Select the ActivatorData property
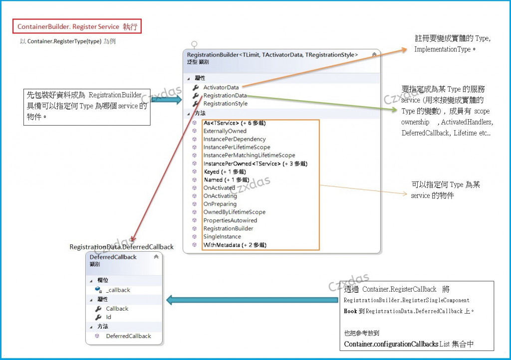pos(221,87)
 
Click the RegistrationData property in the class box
pos(225,95)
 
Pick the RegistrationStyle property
pos(225,103)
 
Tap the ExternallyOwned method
pos(225,131)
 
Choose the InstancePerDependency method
pos(234,139)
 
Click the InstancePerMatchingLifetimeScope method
pos(249,155)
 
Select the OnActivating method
pos(220,196)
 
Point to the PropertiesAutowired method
pos(230,220)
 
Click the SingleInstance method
pos(222,236)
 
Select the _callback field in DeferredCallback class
pos(118,290)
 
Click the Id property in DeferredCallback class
pos(108,317)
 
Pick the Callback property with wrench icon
pos(117,309)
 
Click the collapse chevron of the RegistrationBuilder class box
pos(374,54)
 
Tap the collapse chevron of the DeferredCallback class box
pos(156,257)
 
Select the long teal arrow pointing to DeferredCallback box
pos(252,300)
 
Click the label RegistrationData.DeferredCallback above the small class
pos(121,247)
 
